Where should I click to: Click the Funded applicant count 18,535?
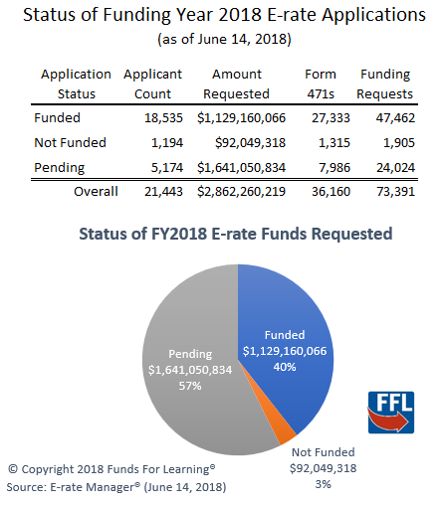point(163,118)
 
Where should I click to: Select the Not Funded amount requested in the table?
point(250,143)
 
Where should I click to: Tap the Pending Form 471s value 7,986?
point(334,168)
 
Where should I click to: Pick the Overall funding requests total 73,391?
point(395,192)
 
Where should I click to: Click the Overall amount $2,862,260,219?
point(241,192)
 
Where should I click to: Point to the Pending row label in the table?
point(60,168)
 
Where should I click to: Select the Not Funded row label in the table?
point(70,143)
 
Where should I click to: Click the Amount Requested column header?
point(236,84)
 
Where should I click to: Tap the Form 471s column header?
point(321,84)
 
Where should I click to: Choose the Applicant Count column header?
point(152,84)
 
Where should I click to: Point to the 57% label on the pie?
point(190,386)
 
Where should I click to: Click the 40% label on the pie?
point(285,367)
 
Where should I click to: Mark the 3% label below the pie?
point(323,484)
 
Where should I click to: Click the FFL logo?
point(391,413)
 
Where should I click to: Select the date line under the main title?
point(224,40)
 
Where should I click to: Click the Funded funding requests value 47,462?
point(395,118)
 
